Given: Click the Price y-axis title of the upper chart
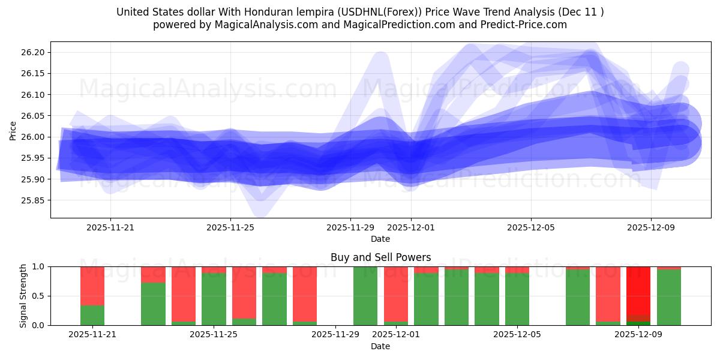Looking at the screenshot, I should click(x=13, y=130).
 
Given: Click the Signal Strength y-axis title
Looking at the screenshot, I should click(x=23, y=296).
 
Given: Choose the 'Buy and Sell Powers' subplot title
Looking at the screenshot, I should click(x=380, y=257).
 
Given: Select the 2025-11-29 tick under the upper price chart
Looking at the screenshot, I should click(x=350, y=228).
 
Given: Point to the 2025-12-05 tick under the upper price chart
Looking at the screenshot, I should click(x=530, y=228).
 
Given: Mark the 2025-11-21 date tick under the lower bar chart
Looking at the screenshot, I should click(x=92, y=335).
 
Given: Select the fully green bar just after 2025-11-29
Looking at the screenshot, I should click(x=365, y=296).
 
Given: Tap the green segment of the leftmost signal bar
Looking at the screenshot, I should click(x=92, y=315).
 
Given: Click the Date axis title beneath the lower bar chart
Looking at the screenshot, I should click(x=380, y=346).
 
